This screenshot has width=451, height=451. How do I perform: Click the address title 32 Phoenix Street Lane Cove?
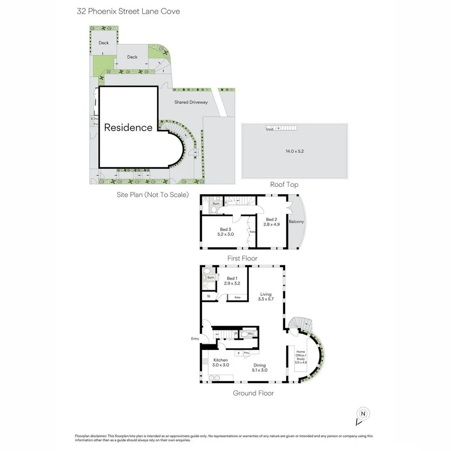pos(129,11)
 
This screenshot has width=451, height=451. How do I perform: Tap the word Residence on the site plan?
pos(128,127)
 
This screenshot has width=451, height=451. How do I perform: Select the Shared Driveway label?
pos(191,102)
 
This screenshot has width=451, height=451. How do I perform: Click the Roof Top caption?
pos(284,185)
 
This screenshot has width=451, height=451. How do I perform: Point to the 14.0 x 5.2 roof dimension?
pos(295,151)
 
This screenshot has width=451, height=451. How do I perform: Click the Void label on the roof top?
pos(269,129)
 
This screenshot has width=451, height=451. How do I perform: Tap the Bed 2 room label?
pos(271,222)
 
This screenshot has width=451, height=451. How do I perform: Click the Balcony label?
pos(296,222)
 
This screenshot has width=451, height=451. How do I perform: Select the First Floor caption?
pos(242,258)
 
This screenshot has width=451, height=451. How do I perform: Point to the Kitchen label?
pos(220,362)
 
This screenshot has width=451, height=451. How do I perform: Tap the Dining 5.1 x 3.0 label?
pos(259,367)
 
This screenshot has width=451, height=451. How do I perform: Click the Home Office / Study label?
pos(301,357)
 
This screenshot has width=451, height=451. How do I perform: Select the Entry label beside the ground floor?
pos(195,339)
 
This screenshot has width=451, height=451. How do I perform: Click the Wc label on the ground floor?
pos(250,334)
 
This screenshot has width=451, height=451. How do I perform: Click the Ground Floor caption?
pos(253,393)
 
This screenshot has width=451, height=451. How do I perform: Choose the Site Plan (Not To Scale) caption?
pos(152,195)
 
